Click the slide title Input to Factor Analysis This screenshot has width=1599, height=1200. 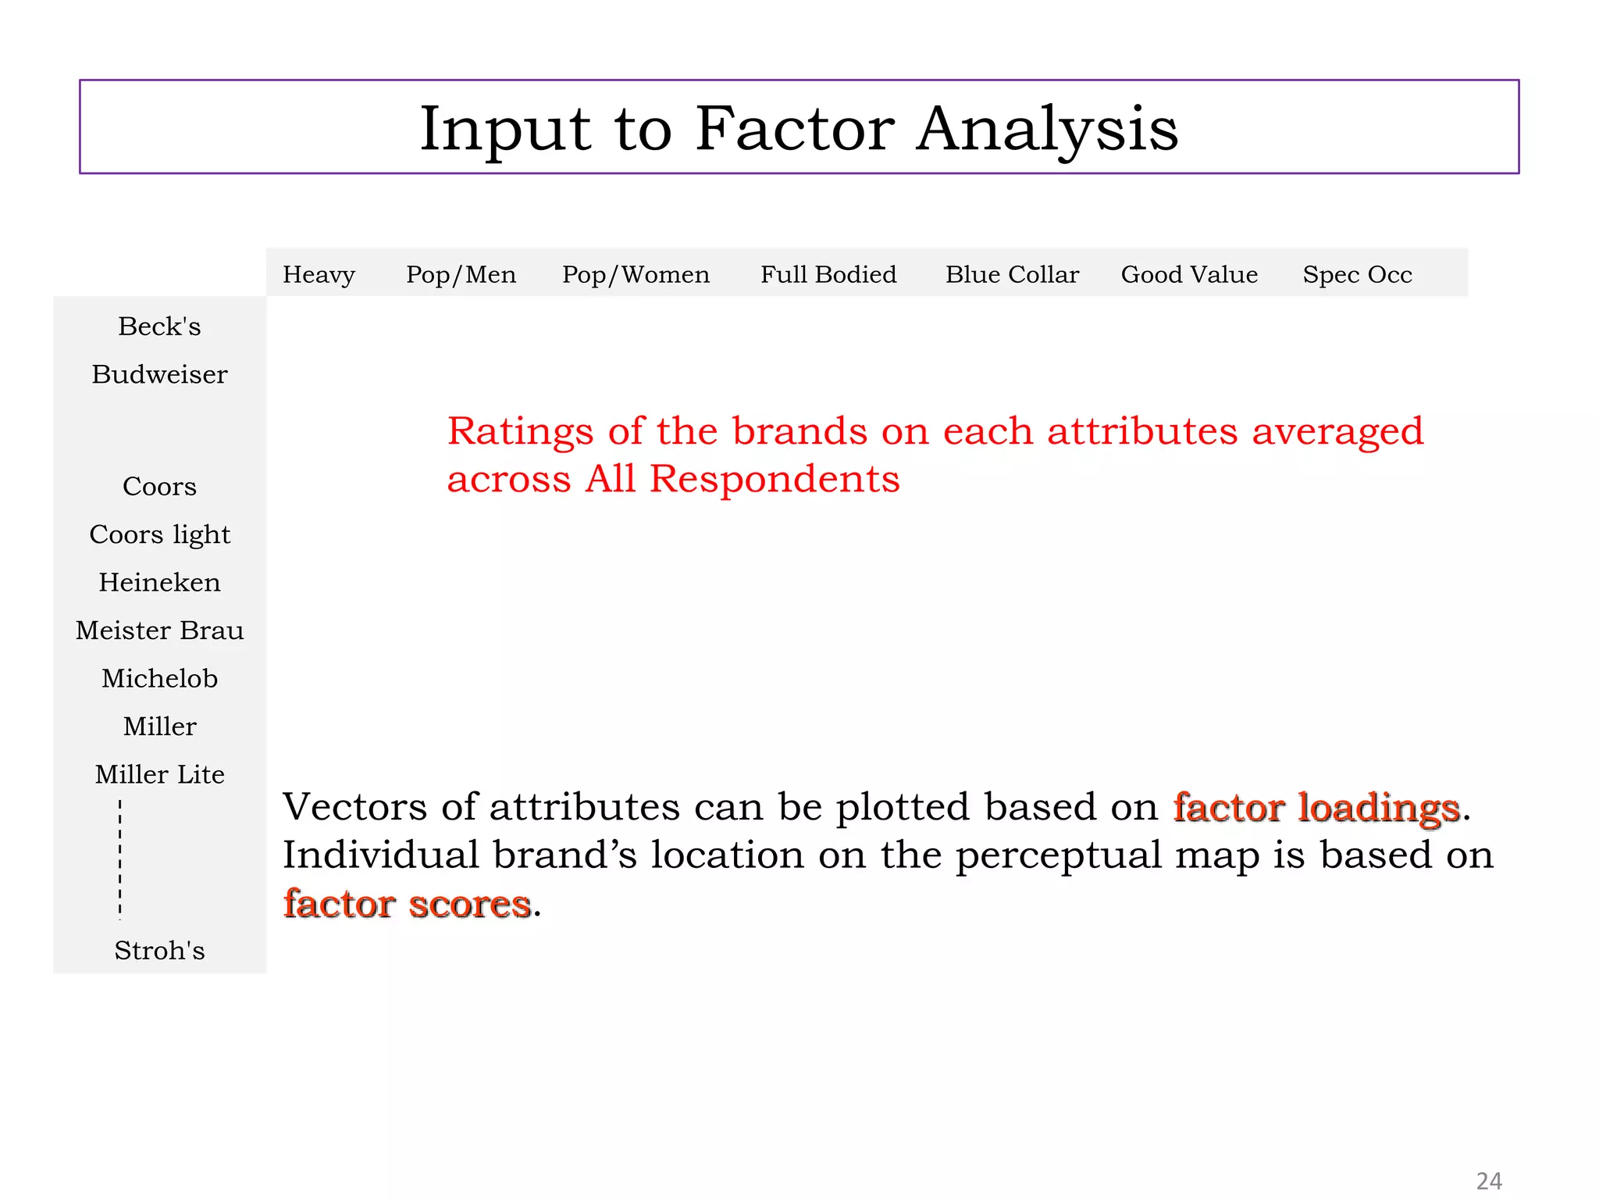click(x=799, y=128)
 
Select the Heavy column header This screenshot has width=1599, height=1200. click(x=319, y=274)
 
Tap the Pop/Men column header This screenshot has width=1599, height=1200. click(x=461, y=274)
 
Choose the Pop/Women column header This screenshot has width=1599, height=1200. click(x=636, y=274)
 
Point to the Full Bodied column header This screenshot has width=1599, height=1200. click(x=828, y=274)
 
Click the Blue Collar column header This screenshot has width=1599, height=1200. click(x=1012, y=274)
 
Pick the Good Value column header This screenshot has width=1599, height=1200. click(x=1189, y=274)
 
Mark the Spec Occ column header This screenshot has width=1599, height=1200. click(x=1357, y=274)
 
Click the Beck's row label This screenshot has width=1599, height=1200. click(x=159, y=327)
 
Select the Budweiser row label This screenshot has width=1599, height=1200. click(x=159, y=374)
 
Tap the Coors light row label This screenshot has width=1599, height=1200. click(x=159, y=534)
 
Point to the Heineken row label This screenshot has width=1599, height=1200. click(x=159, y=583)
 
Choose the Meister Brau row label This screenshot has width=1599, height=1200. click(x=159, y=630)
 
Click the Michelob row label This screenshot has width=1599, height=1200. click(x=159, y=678)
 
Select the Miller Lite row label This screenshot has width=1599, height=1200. click(x=159, y=774)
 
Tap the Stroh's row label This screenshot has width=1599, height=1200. click(x=159, y=950)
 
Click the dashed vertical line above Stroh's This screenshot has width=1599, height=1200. click(x=120, y=859)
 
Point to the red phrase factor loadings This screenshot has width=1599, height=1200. click(x=1316, y=807)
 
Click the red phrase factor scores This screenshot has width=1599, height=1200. click(x=407, y=904)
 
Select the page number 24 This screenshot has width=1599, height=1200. click(x=1489, y=1180)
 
